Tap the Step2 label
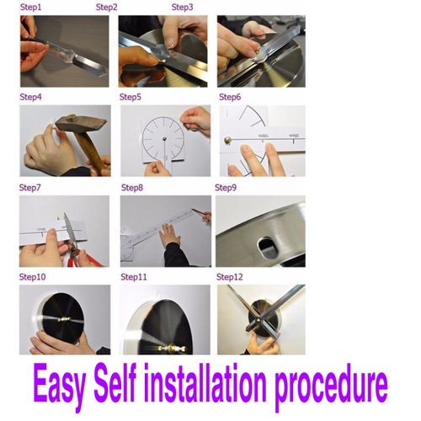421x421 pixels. (x=106, y=7)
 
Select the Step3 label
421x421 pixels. (x=182, y=7)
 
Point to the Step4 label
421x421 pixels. (x=30, y=97)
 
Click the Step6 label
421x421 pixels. (x=230, y=97)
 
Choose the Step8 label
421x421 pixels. (x=132, y=187)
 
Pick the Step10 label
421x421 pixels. (x=33, y=276)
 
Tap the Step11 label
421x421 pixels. (x=134, y=276)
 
